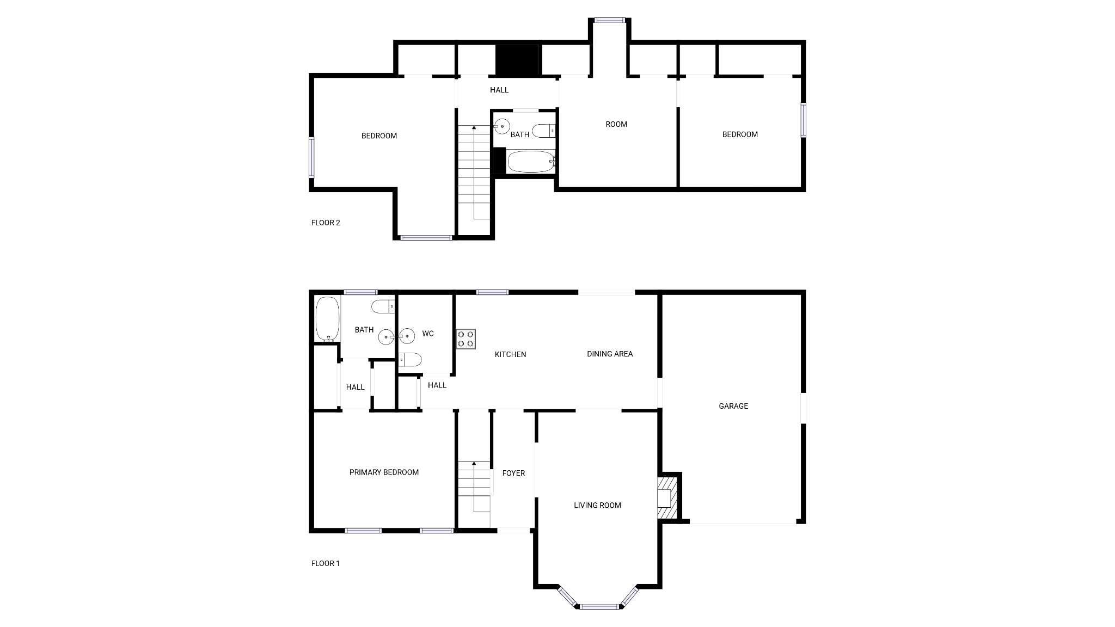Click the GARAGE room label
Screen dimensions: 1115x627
pos(733,406)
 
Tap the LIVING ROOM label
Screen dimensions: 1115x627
pos(597,505)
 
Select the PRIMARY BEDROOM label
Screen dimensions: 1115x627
pos(384,472)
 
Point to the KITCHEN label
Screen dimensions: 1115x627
pos(510,354)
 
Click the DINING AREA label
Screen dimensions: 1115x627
pos(610,354)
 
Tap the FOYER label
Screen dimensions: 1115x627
pos(513,473)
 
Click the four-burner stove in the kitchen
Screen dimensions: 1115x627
pos(466,339)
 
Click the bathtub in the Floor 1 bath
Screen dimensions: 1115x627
pos(327,319)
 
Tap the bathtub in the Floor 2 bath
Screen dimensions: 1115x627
pos(531,162)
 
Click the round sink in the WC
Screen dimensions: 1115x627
pos(406,337)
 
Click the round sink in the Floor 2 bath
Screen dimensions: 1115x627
pos(501,126)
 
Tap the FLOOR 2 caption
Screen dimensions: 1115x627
pos(326,223)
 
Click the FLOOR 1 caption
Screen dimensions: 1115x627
pos(326,563)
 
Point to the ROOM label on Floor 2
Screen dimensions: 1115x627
pos(616,124)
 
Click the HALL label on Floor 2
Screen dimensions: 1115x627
pos(499,90)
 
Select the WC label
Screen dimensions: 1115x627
pos(428,333)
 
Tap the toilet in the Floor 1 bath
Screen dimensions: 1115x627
pos(383,307)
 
